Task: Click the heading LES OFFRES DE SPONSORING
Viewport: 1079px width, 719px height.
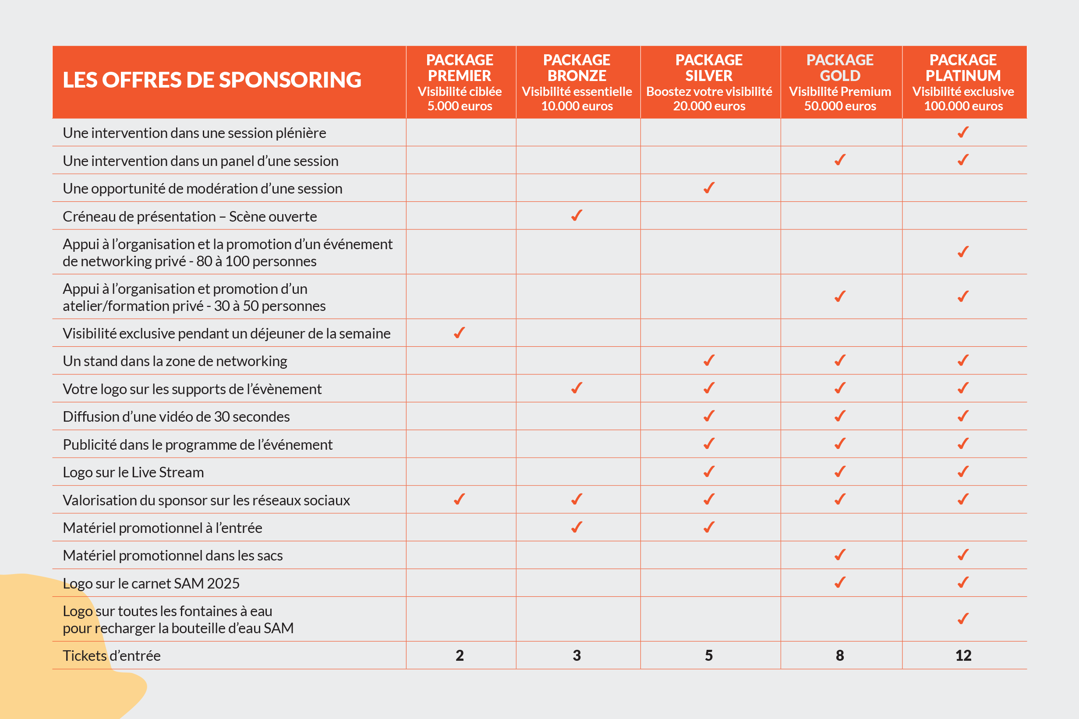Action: click(x=212, y=80)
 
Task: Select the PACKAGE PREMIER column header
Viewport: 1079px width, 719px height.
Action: click(x=460, y=68)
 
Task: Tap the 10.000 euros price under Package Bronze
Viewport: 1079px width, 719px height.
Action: click(x=577, y=106)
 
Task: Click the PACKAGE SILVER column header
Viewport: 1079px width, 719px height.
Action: click(x=709, y=68)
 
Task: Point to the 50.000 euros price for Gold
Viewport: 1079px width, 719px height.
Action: click(x=840, y=106)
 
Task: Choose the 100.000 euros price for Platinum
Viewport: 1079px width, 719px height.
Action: click(x=963, y=106)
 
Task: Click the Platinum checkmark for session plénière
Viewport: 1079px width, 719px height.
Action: click(x=963, y=133)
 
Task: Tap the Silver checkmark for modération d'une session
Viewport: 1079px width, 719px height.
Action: click(x=709, y=188)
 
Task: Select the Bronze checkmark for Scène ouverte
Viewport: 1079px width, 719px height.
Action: click(x=577, y=215)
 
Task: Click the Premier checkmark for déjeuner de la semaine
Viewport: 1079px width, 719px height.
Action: click(x=459, y=333)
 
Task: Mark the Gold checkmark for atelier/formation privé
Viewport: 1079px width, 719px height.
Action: click(x=840, y=297)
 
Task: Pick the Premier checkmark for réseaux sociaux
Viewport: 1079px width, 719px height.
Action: click(x=459, y=499)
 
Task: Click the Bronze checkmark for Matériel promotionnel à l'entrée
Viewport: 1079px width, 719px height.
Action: click(x=577, y=527)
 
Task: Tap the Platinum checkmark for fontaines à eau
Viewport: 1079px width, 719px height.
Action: click(x=963, y=619)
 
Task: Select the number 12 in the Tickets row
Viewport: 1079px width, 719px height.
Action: click(x=963, y=656)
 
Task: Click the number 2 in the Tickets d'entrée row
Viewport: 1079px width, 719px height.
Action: click(x=460, y=656)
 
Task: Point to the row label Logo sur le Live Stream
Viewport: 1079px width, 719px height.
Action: click(x=133, y=472)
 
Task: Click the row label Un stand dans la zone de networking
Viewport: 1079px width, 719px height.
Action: click(x=175, y=361)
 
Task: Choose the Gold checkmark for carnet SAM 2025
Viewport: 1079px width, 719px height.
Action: click(x=840, y=583)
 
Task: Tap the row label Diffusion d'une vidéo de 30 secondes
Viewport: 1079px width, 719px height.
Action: click(x=176, y=417)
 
